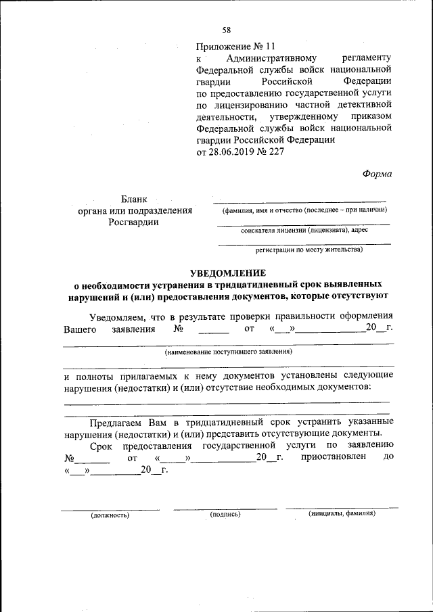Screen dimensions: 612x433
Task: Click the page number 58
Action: (x=227, y=30)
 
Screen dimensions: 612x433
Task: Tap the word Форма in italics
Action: (x=377, y=172)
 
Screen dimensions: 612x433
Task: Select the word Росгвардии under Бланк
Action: (x=135, y=222)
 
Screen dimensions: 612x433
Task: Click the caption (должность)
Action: (x=110, y=515)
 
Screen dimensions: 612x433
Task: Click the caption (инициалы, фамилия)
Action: (x=342, y=513)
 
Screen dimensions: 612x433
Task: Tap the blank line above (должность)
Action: (x=110, y=509)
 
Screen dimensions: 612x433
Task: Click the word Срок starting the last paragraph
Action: (x=101, y=445)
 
